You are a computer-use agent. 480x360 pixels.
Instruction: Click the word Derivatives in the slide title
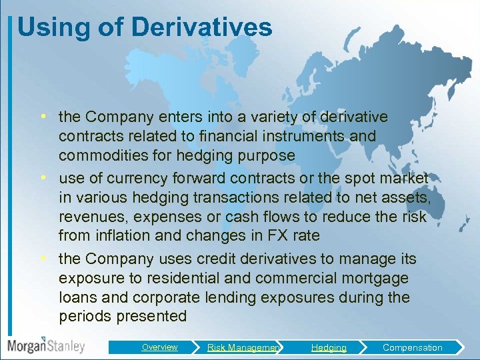click(202, 28)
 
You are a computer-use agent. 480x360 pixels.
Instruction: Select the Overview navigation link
click(159, 347)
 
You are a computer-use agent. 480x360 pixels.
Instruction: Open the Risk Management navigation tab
click(243, 347)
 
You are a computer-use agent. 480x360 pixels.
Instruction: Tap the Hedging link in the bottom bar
click(329, 347)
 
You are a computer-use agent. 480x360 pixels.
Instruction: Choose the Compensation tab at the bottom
click(412, 347)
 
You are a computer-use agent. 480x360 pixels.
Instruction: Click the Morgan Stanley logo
click(46, 346)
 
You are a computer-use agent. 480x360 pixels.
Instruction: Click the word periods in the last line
click(85, 316)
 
